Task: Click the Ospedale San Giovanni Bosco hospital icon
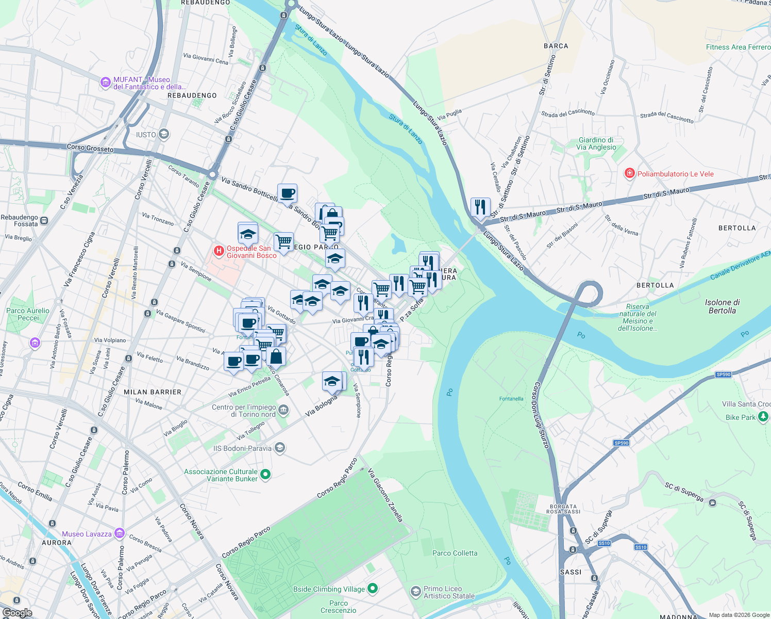pos(219,251)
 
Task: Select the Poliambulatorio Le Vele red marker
pos(629,173)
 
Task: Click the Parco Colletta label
pos(455,553)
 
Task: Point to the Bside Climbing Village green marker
pos(373,588)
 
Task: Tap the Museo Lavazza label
pos(87,534)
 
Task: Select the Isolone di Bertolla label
pos(722,306)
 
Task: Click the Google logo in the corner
pos(17,613)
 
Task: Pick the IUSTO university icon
pos(164,134)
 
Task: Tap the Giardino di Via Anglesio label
pos(596,143)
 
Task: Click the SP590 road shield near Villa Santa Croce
pos(724,374)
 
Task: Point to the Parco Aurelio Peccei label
pos(28,314)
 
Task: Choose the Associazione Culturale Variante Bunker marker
pos(265,474)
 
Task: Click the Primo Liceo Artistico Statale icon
pos(415,592)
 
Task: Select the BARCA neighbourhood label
pos(556,46)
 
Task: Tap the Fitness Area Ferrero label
pos(738,47)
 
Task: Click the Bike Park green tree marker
pos(763,417)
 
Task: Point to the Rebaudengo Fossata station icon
pos(44,221)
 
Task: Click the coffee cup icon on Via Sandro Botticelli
pos(287,193)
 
